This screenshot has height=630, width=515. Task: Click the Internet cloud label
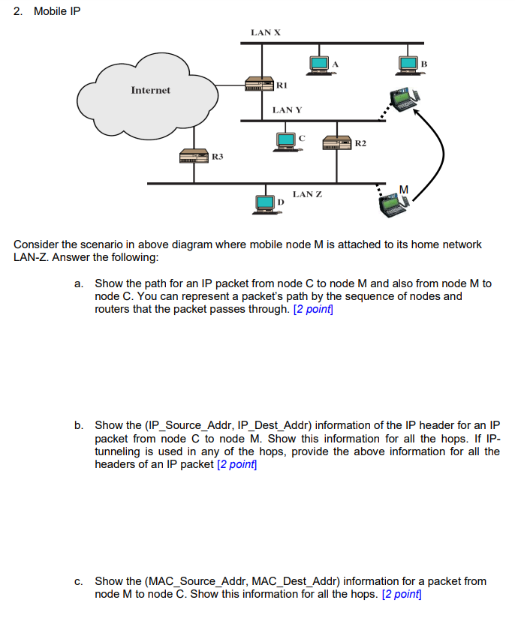[x=150, y=90]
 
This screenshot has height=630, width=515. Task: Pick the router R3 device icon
[x=194, y=157]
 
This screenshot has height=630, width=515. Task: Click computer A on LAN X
[x=318, y=65]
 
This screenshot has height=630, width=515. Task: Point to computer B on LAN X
[x=408, y=65]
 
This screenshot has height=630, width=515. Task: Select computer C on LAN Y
[x=286, y=140]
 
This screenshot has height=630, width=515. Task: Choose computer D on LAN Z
[x=265, y=202]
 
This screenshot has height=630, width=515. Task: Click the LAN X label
[x=266, y=32]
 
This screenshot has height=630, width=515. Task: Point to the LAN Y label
[x=287, y=110]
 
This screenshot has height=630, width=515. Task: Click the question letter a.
[x=78, y=283]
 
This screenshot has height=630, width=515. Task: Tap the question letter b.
[x=78, y=425]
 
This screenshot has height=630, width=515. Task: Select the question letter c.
[x=78, y=581]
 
